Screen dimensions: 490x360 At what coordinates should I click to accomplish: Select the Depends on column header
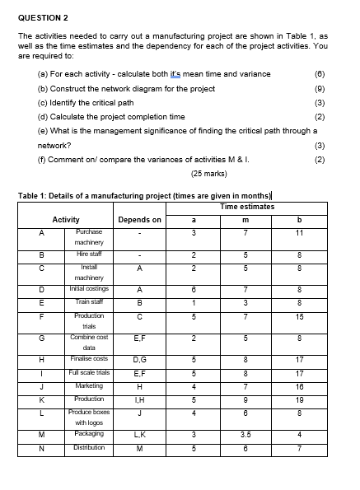pyautogui.click(x=139, y=220)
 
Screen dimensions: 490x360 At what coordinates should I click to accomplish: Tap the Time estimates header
pyautogui.click(x=248, y=207)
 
